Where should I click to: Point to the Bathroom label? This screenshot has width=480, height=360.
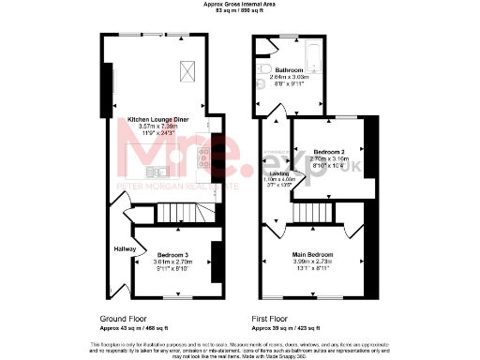[289, 71]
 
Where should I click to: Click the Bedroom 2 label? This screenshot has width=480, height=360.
[329, 151]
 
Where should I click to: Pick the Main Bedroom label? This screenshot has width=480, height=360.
[315, 254]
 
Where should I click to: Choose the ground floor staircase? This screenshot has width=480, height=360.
[177, 217]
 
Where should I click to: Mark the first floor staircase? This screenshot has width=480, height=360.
[306, 217]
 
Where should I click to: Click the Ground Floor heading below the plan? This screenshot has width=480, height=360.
[120, 318]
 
